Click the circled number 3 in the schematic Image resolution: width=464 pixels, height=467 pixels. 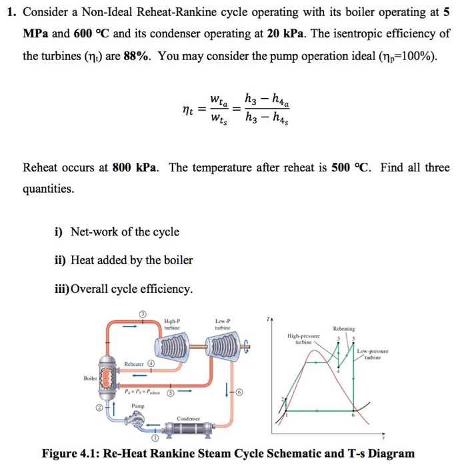tap(142, 314)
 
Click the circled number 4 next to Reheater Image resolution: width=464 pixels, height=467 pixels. tap(151, 364)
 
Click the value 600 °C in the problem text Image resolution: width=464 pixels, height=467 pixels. tap(85, 33)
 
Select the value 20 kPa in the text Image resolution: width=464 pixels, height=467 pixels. tap(293, 33)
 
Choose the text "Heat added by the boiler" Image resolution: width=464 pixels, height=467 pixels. tap(131, 260)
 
